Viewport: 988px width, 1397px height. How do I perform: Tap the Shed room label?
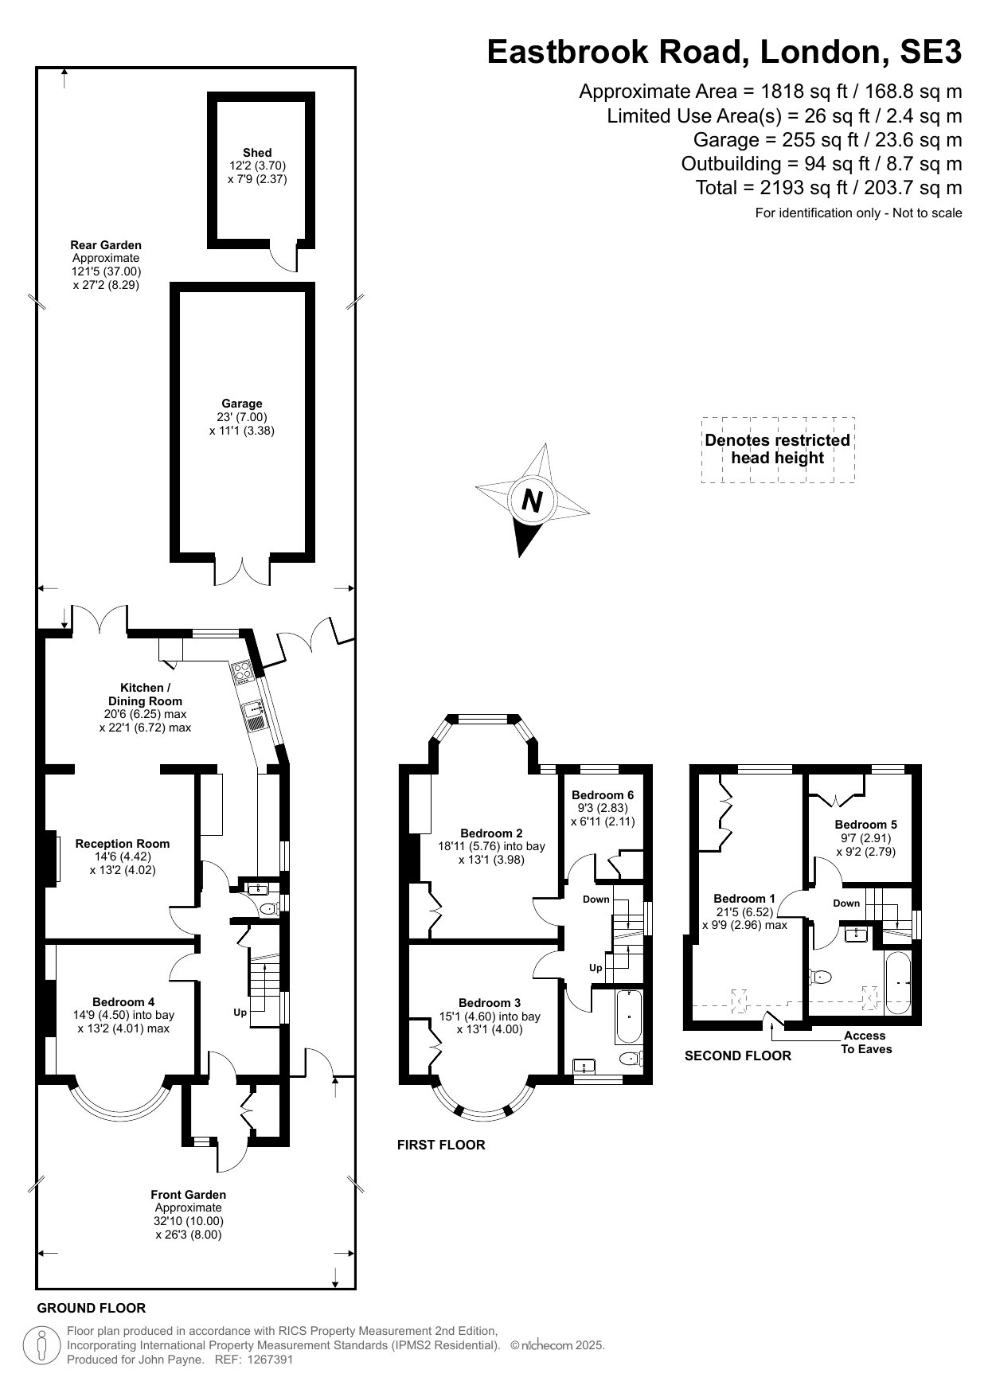[x=257, y=152]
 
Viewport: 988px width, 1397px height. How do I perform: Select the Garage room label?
[x=242, y=404]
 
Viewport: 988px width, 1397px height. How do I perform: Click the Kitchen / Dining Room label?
[x=145, y=694]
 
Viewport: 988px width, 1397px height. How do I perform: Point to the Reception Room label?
[x=123, y=844]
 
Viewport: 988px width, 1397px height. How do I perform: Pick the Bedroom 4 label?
[x=123, y=1002]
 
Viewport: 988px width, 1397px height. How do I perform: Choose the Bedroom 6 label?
[x=603, y=795]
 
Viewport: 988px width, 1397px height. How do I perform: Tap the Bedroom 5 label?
[x=866, y=825]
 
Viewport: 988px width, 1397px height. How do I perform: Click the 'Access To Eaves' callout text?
[x=865, y=1042]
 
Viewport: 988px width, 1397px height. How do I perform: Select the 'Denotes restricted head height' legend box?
[x=778, y=450]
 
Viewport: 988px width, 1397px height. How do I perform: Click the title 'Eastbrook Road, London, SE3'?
[x=724, y=52]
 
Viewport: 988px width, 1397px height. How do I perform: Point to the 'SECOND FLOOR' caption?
[x=738, y=1056]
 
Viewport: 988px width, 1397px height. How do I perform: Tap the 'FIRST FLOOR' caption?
[x=441, y=1145]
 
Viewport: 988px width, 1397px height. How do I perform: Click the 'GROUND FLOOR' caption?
[x=92, y=1308]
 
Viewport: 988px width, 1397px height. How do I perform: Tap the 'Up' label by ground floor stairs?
[x=240, y=1013]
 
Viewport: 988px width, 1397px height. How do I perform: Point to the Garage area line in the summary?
[x=828, y=140]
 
